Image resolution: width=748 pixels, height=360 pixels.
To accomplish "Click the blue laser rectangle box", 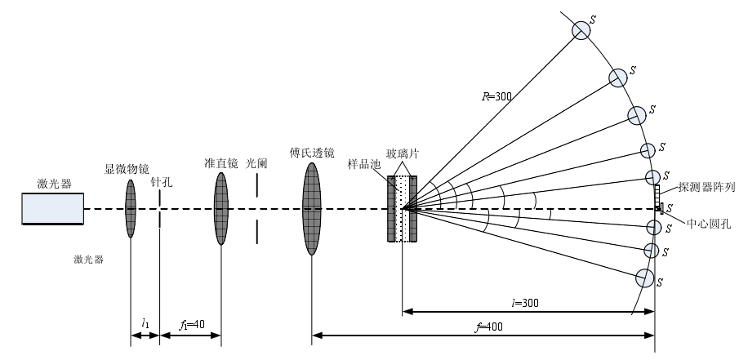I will click(53, 208).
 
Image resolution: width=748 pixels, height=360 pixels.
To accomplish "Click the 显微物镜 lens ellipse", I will click(130, 209).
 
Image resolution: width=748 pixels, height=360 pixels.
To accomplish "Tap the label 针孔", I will click(162, 183).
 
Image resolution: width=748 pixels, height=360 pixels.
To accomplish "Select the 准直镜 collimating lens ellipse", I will click(221, 208).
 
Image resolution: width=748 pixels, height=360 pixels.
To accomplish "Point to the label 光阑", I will click(257, 163).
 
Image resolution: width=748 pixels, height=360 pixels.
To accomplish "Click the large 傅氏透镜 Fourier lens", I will click(311, 208).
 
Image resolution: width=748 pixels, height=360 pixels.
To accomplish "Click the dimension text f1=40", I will click(189, 324).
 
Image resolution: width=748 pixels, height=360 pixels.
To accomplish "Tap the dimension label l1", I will click(145, 324).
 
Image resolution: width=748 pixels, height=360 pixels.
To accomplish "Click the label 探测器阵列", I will click(707, 187).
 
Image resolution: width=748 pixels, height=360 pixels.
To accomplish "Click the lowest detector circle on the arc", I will click(645, 278).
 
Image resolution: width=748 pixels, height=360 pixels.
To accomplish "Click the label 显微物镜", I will click(127, 169).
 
